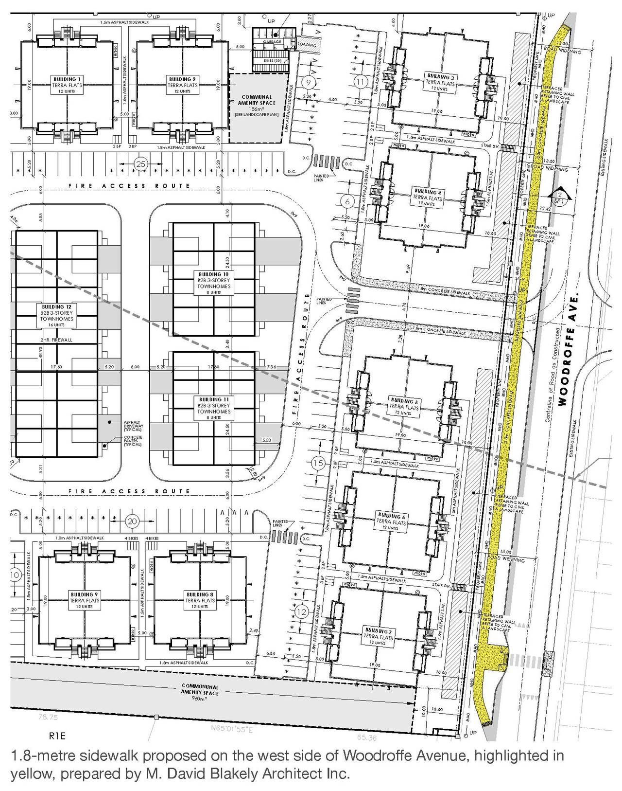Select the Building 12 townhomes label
(x=57, y=316)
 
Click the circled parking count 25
(x=141, y=164)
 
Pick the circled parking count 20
(x=132, y=521)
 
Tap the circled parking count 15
(x=318, y=464)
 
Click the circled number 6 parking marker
(x=347, y=200)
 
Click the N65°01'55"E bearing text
(x=232, y=729)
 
